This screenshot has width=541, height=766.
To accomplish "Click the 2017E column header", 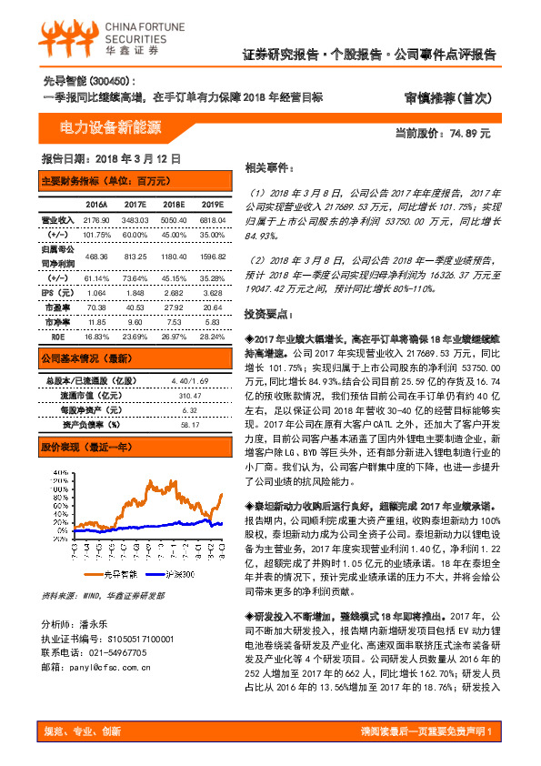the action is coord(135,206).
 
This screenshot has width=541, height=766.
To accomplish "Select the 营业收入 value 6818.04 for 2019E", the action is coord(212,221).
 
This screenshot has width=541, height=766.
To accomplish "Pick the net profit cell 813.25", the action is coord(135,257).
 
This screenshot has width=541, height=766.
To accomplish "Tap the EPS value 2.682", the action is coord(173,293).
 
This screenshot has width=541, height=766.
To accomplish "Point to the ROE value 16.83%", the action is coord(95,334).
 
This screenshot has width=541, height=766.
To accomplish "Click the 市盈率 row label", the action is coord(57,307).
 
